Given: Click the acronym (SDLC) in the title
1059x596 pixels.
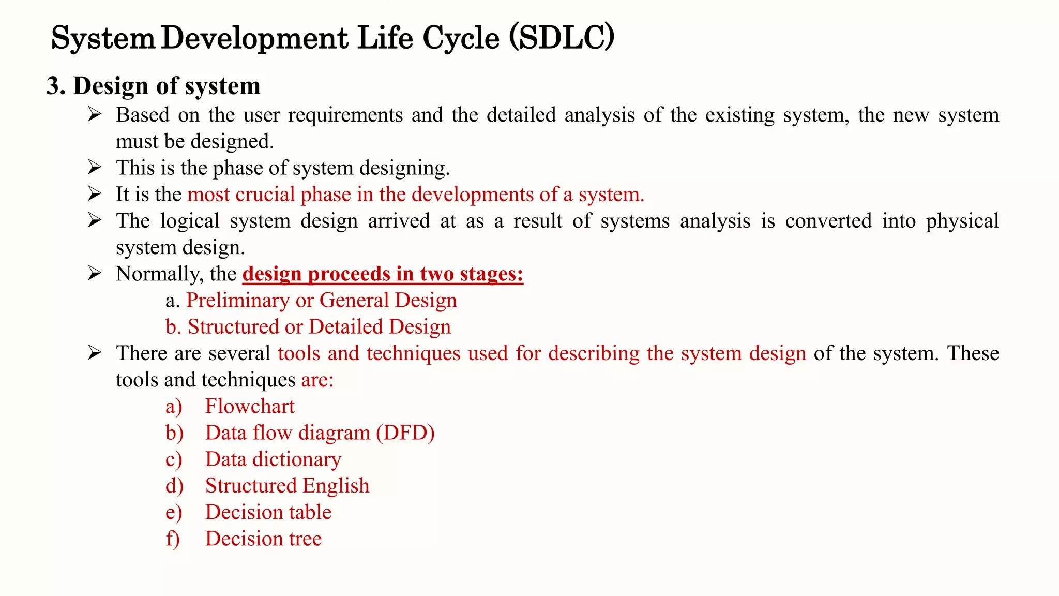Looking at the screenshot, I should coord(562,38).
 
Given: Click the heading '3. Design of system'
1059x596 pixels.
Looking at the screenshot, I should coord(154,86).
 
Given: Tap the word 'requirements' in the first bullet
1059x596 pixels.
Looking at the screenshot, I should coord(345,115).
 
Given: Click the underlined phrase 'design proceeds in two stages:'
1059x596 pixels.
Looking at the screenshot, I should coord(383,274).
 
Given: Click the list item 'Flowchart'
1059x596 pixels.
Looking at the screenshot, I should coord(250,407).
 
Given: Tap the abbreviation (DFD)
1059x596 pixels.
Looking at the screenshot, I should coord(405,433).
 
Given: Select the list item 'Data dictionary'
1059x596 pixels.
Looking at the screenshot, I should coord(273,459).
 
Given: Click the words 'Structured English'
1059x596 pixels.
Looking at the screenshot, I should coord(287,486).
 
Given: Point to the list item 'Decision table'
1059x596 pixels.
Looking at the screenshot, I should coord(268,512).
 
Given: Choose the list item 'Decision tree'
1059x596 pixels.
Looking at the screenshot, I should coord(263,539).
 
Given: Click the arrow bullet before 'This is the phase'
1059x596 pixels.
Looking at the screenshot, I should coord(95,167).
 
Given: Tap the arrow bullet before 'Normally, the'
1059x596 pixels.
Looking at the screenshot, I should coord(95,273).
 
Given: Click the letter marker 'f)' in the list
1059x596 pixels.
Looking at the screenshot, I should coord(173,539).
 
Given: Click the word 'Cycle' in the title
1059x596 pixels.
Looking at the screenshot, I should coord(461,38).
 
